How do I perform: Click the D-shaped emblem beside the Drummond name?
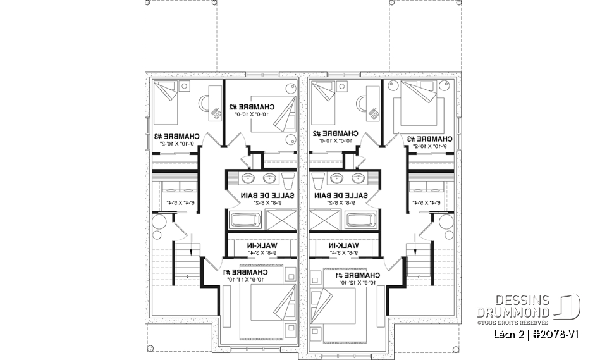click(x=568, y=306)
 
